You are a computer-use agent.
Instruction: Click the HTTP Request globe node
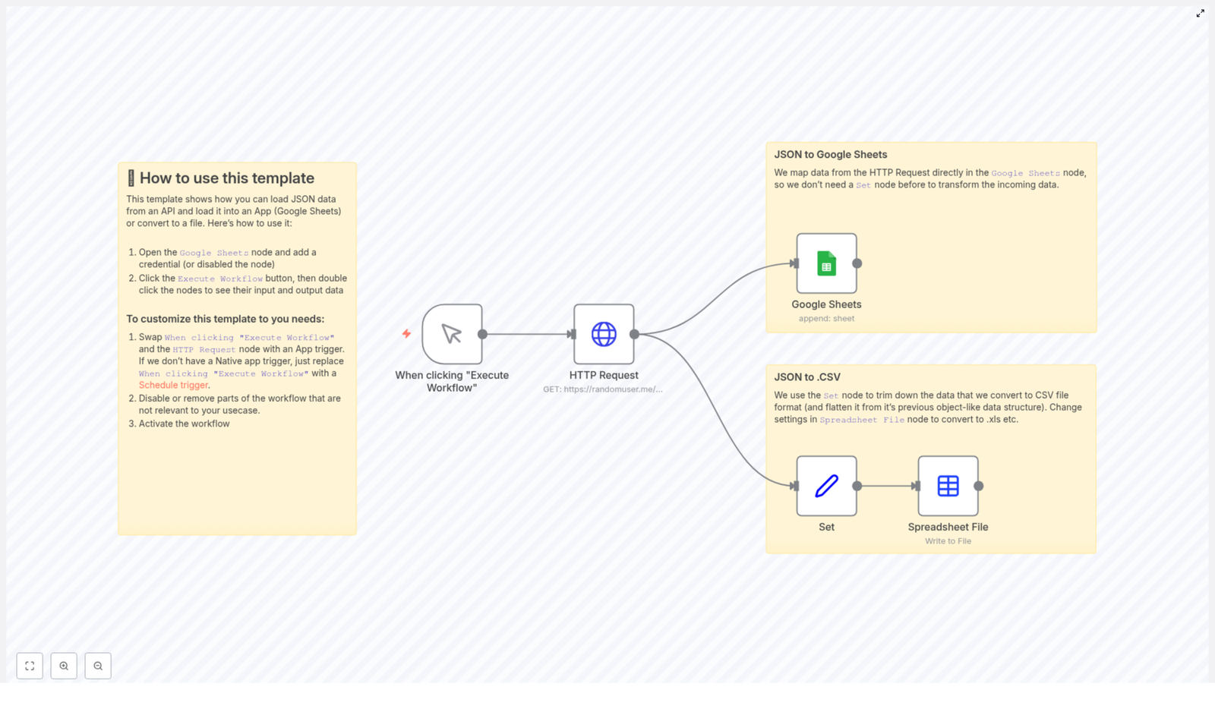click(604, 334)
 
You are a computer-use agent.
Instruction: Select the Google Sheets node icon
click(826, 263)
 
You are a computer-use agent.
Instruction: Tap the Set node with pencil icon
click(826, 486)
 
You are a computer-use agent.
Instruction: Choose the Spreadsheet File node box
click(948, 486)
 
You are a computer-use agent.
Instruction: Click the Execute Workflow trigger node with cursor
click(452, 334)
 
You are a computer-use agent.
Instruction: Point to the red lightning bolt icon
click(406, 333)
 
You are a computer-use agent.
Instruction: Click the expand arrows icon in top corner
click(1200, 14)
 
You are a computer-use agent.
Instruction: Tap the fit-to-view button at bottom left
click(30, 666)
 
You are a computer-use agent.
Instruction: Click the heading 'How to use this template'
click(226, 178)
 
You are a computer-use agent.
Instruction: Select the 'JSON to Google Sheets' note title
click(830, 155)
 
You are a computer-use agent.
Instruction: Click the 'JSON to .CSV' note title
click(806, 377)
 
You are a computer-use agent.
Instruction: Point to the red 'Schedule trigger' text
click(173, 386)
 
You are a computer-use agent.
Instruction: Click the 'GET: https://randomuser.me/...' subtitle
click(602, 389)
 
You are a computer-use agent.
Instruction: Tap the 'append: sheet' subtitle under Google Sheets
click(826, 319)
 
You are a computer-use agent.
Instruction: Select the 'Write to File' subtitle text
click(948, 541)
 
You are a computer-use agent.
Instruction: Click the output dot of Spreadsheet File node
click(978, 486)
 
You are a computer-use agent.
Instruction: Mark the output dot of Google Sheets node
click(857, 263)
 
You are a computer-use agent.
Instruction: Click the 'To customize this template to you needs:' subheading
click(225, 320)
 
